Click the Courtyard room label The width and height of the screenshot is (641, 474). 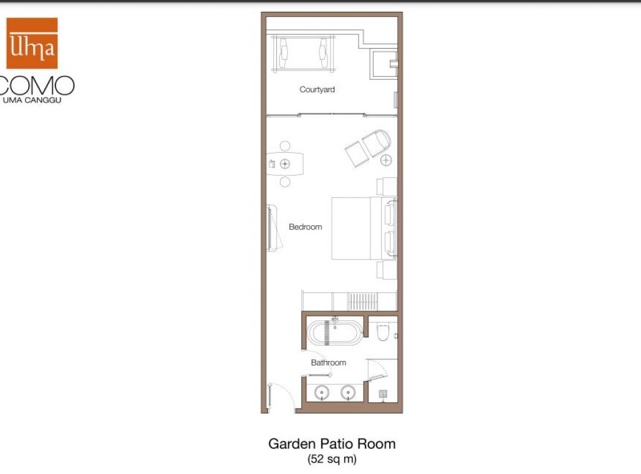[x=317, y=90]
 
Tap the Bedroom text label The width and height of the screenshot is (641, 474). [x=306, y=227]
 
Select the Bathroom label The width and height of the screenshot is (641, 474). [x=328, y=362]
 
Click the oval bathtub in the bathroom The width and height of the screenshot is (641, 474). [x=335, y=332]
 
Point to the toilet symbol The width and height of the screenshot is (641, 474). [x=383, y=332]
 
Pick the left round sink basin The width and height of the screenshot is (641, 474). [x=322, y=392]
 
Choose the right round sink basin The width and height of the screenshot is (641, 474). [x=347, y=392]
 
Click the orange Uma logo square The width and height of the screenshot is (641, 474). [x=32, y=43]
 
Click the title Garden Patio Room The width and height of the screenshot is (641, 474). [x=332, y=444]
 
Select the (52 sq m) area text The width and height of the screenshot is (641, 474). [x=332, y=460]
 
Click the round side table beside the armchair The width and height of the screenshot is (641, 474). [x=386, y=160]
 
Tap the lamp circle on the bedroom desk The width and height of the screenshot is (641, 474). [x=285, y=164]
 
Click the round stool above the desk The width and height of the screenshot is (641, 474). [x=285, y=146]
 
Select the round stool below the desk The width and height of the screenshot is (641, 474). [x=285, y=182]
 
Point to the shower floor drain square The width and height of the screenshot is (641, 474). [x=383, y=394]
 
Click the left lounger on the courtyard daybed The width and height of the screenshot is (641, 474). [x=284, y=52]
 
